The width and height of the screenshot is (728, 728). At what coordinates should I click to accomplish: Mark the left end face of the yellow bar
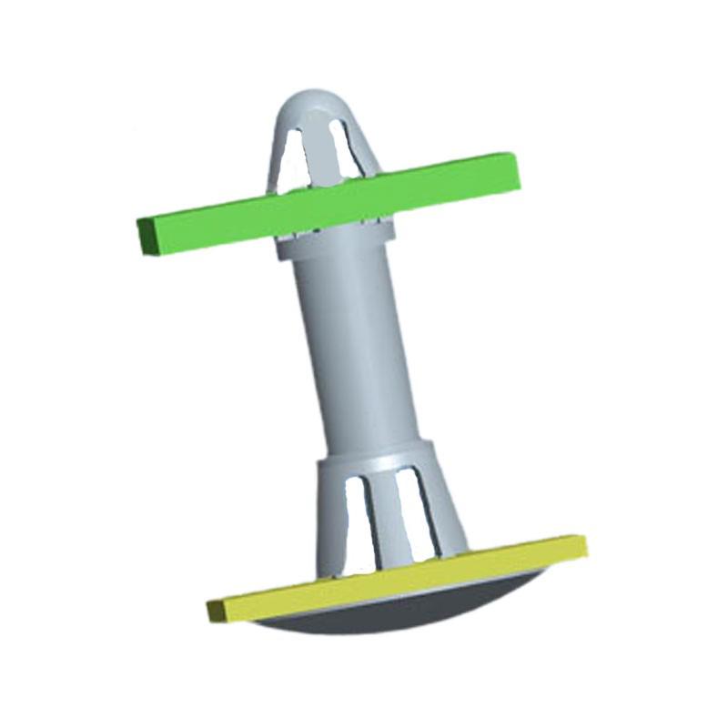[x=215, y=611]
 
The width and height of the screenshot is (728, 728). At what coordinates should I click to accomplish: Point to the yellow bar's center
[x=396, y=579]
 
